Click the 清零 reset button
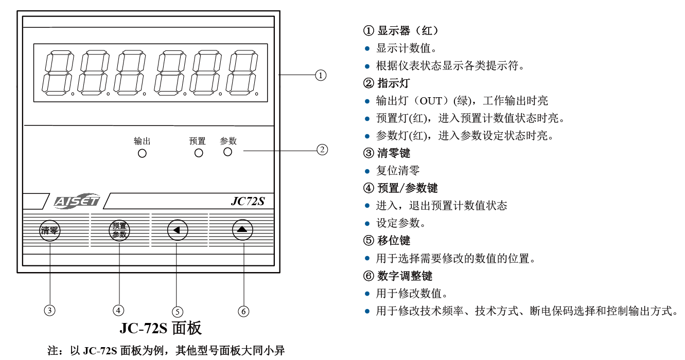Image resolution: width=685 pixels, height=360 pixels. tap(50, 230)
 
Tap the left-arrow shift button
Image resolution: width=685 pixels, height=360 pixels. tap(177, 230)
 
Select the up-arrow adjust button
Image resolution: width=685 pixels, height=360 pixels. tap(242, 229)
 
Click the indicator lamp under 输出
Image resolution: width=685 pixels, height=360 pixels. tap(142, 153)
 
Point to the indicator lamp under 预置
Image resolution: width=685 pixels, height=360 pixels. tap(198, 153)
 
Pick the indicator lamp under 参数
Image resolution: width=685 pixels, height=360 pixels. tap(227, 152)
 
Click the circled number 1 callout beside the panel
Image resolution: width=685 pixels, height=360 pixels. tap(321, 76)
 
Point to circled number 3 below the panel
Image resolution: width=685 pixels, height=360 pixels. tap(50, 310)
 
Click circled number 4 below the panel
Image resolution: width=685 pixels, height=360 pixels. tap(119, 310)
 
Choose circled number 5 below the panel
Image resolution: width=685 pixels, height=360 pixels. tap(178, 311)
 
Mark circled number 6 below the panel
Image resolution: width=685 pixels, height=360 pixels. tap(243, 311)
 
